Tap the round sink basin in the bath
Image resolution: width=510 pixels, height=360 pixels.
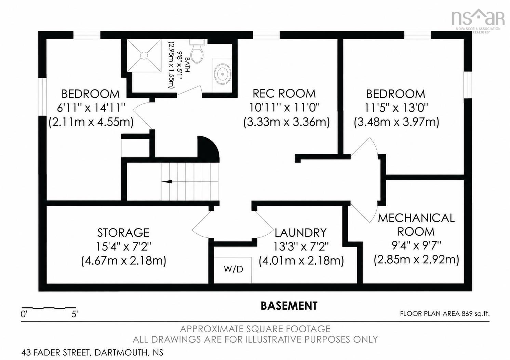(x=223, y=74)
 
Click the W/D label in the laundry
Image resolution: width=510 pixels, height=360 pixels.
(x=233, y=269)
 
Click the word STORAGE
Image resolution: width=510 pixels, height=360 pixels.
(x=123, y=233)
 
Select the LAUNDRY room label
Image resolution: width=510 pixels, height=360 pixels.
(x=300, y=233)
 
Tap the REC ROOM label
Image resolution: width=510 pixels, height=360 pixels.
(x=284, y=94)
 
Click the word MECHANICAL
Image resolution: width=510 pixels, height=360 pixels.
(x=416, y=218)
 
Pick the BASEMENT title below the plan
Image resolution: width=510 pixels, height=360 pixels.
(x=289, y=306)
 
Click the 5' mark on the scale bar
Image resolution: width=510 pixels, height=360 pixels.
(x=75, y=314)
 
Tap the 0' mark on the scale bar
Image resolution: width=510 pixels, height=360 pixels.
(x=24, y=314)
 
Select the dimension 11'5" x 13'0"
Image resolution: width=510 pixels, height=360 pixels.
(x=397, y=108)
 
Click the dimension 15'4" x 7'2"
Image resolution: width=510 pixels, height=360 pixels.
(x=124, y=247)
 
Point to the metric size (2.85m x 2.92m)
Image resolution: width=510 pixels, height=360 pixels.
(x=416, y=260)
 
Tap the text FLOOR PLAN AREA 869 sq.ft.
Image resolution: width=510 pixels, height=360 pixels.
(x=445, y=314)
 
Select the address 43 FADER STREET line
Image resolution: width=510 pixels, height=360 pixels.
(x=92, y=352)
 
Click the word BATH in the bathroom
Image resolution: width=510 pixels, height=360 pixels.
(x=187, y=65)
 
